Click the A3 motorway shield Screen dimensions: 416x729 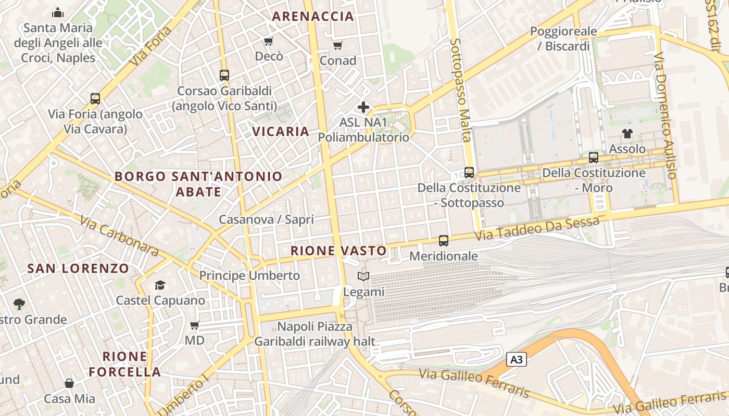pyautogui.click(x=516, y=359)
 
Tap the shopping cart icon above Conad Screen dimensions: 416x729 pyautogui.click(x=338, y=46)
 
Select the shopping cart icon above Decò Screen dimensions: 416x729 pyautogui.click(x=268, y=41)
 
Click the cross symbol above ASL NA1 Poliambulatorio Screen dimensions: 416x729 pyautogui.click(x=363, y=107)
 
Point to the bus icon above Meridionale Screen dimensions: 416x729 pyautogui.click(x=444, y=241)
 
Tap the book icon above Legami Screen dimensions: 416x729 pyautogui.click(x=363, y=277)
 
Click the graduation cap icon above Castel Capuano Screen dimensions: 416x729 pyautogui.click(x=160, y=285)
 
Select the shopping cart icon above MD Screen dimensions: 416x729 pyautogui.click(x=195, y=326)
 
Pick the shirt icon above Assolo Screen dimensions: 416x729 pyautogui.click(x=627, y=134)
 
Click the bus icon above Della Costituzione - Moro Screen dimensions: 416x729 pyautogui.click(x=594, y=158)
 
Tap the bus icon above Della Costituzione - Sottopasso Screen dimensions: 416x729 pyautogui.click(x=469, y=173)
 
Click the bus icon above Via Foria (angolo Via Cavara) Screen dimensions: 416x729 pyautogui.click(x=95, y=99)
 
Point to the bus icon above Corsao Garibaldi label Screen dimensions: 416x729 pyautogui.click(x=224, y=75)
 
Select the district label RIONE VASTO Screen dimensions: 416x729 pyautogui.click(x=338, y=251)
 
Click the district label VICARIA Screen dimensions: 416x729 pyautogui.click(x=281, y=132)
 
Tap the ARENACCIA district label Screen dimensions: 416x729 pyautogui.click(x=313, y=16)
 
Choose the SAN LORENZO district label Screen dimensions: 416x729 pyautogui.click(x=78, y=268)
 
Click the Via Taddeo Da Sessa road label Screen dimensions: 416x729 pyautogui.click(x=536, y=229)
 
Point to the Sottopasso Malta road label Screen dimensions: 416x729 pyautogui.click(x=460, y=89)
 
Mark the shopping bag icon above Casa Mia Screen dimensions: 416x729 pyautogui.click(x=69, y=384)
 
